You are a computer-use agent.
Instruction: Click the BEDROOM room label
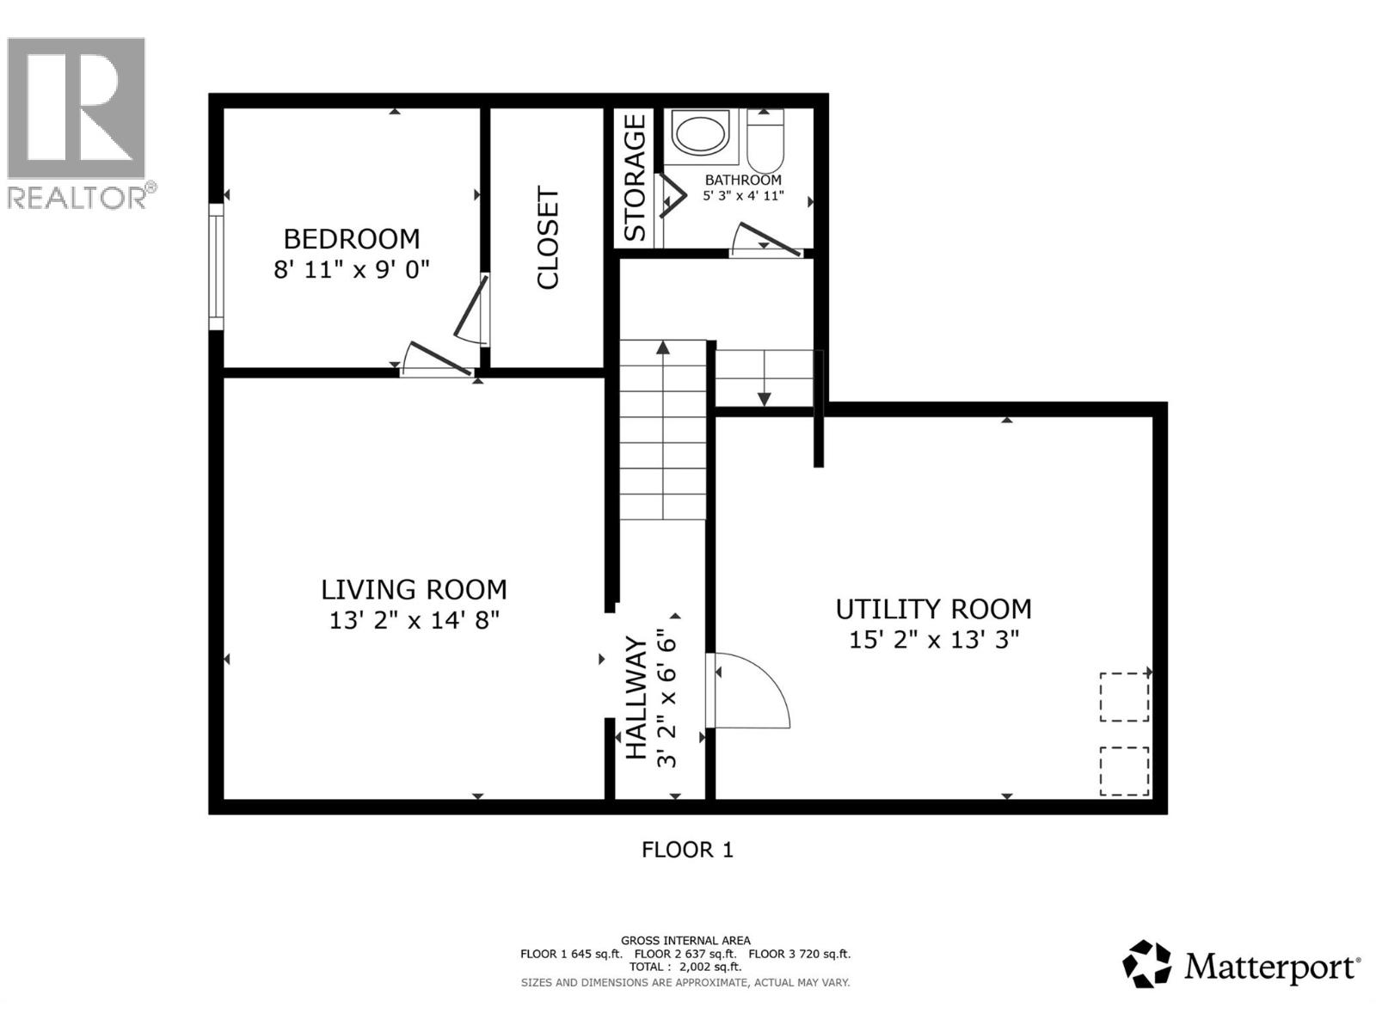click(x=352, y=238)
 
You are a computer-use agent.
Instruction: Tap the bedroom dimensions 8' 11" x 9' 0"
click(x=352, y=269)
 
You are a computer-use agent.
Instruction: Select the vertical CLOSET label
click(x=548, y=237)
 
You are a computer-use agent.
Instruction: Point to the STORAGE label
click(x=635, y=178)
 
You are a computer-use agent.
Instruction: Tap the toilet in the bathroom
click(x=765, y=142)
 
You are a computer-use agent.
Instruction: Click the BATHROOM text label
click(x=743, y=180)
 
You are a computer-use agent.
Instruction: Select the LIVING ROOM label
click(x=414, y=589)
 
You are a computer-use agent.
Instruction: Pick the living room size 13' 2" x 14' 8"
click(x=414, y=620)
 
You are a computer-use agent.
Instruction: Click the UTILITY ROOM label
click(x=933, y=609)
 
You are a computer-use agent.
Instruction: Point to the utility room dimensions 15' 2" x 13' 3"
click(x=933, y=640)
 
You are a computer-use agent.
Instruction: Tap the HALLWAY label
click(x=636, y=697)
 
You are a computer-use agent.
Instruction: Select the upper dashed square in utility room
click(x=1124, y=697)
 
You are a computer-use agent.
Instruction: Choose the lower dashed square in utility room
click(x=1124, y=771)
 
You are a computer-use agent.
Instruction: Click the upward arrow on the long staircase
click(x=663, y=347)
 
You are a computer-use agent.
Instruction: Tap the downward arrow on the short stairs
click(x=764, y=398)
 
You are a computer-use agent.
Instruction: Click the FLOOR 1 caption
click(x=687, y=850)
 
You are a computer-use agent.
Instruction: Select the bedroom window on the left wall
click(x=216, y=267)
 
